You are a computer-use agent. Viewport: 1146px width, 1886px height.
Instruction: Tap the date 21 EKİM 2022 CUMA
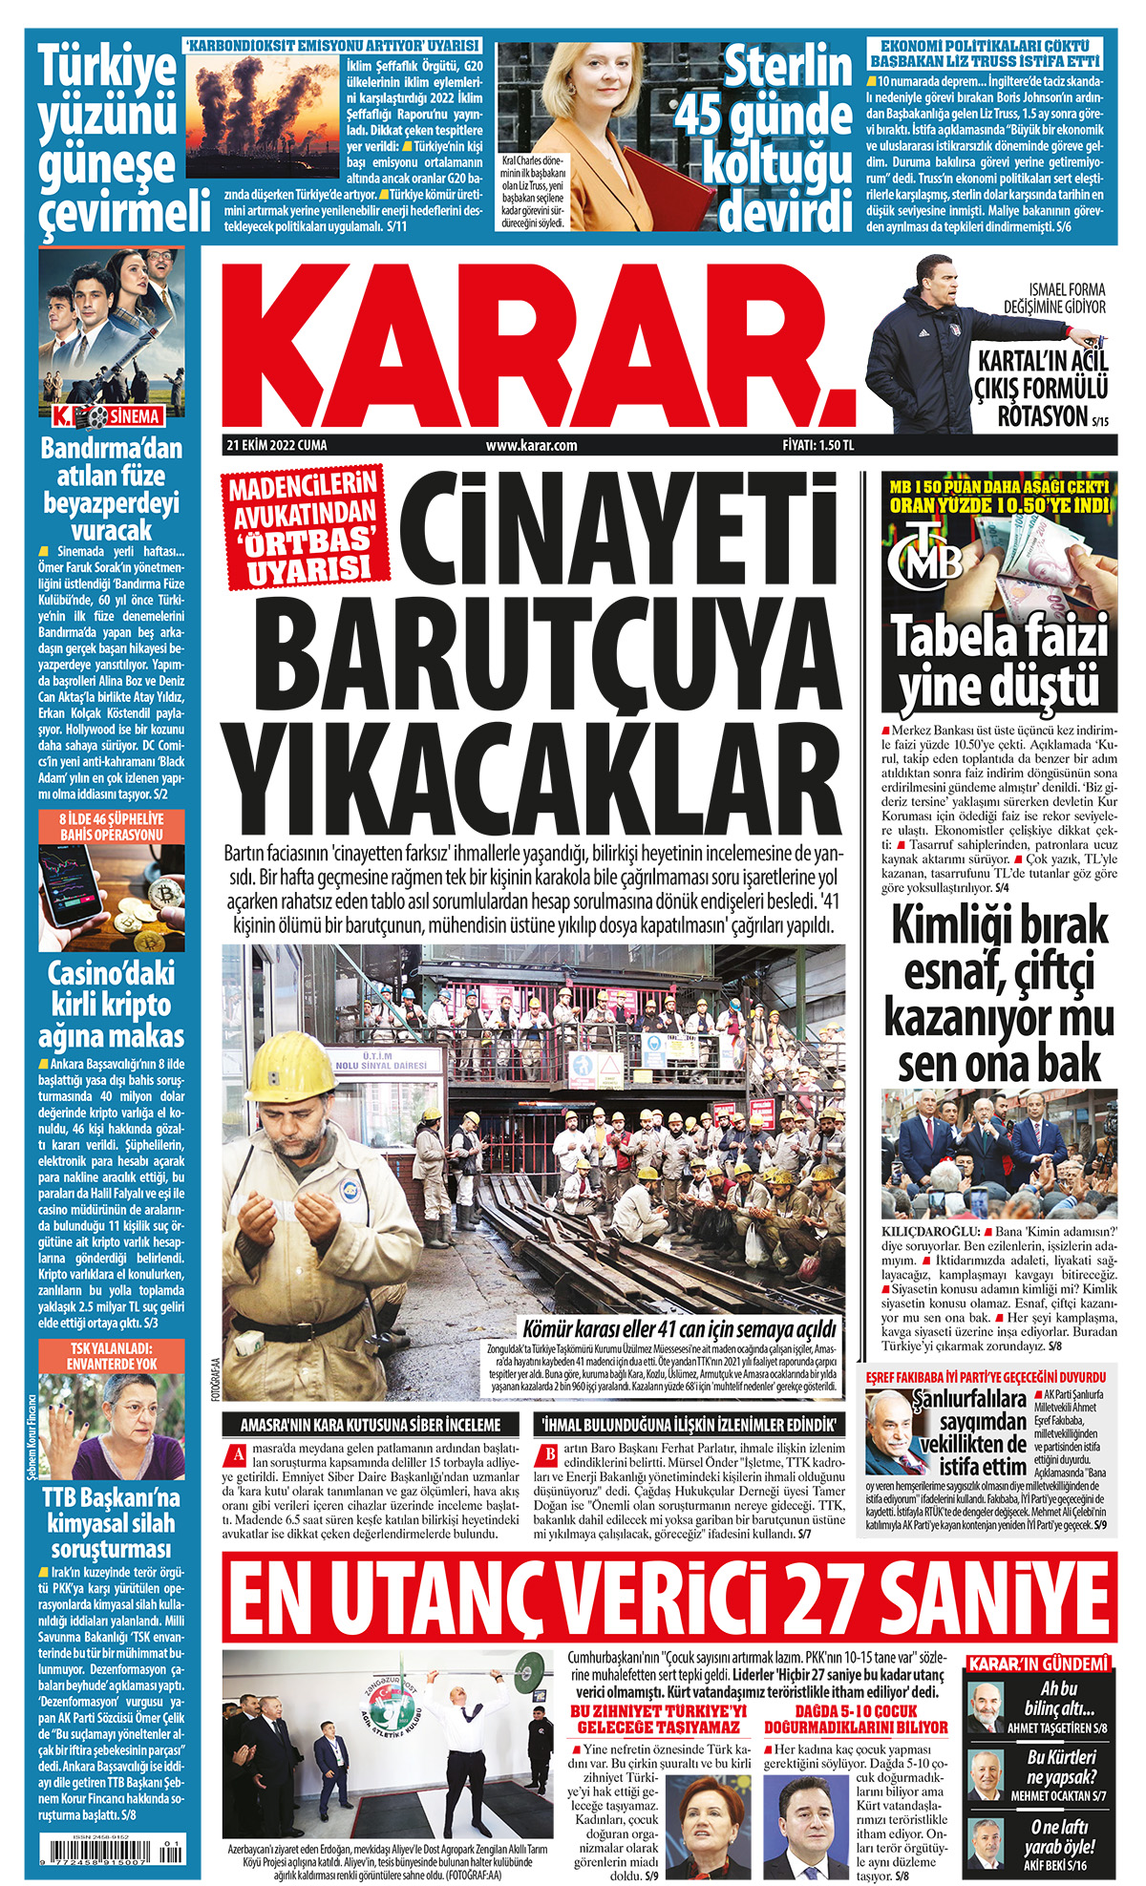pos(276,445)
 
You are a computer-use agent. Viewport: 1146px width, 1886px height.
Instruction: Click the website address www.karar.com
pos(531,445)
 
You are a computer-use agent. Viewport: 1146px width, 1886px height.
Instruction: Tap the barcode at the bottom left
pos(112,1850)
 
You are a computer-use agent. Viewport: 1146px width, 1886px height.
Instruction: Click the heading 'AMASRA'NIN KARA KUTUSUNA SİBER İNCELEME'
pos(371,1424)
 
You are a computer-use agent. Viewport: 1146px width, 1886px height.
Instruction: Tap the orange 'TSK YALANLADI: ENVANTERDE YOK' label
pos(112,1356)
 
